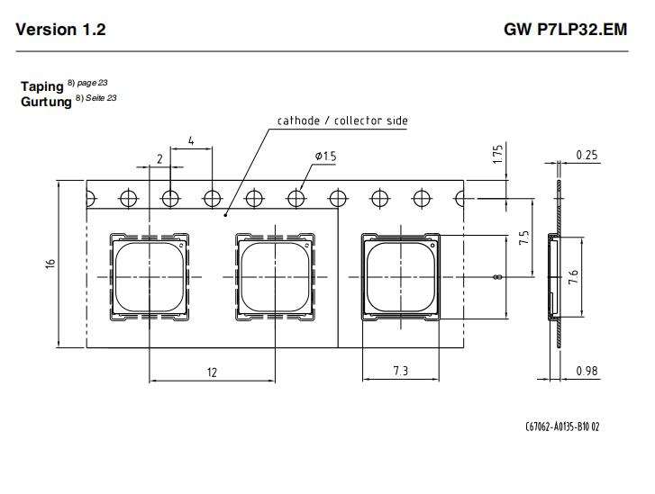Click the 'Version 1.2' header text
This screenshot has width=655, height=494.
coord(60,30)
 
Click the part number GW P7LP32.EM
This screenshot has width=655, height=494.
coord(566,30)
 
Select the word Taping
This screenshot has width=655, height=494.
coord(42,86)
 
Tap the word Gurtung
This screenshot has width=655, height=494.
coord(46,102)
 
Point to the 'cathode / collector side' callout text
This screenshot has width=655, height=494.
coord(342,121)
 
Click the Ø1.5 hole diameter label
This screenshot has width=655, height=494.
coord(326,156)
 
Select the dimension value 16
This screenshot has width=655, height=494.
coord(50,264)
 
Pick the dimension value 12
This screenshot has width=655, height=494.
coord(212,373)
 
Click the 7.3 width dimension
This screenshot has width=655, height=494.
coord(401,371)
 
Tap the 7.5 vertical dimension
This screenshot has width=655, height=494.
coord(523,238)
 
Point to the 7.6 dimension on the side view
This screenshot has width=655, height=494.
coord(573,277)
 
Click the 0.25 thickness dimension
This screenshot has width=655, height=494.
coord(587,155)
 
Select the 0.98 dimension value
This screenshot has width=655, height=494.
coord(587,371)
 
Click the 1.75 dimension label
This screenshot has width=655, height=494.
coord(497,154)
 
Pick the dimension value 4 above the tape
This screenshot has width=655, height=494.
coord(191,140)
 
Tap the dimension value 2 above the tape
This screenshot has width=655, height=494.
coord(159,159)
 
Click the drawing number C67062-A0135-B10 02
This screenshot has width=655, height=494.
coord(562,427)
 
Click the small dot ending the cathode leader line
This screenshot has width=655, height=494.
coord(225,215)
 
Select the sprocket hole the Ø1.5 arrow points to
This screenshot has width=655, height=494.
coord(296,198)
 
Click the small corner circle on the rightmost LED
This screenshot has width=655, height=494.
coord(432,245)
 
